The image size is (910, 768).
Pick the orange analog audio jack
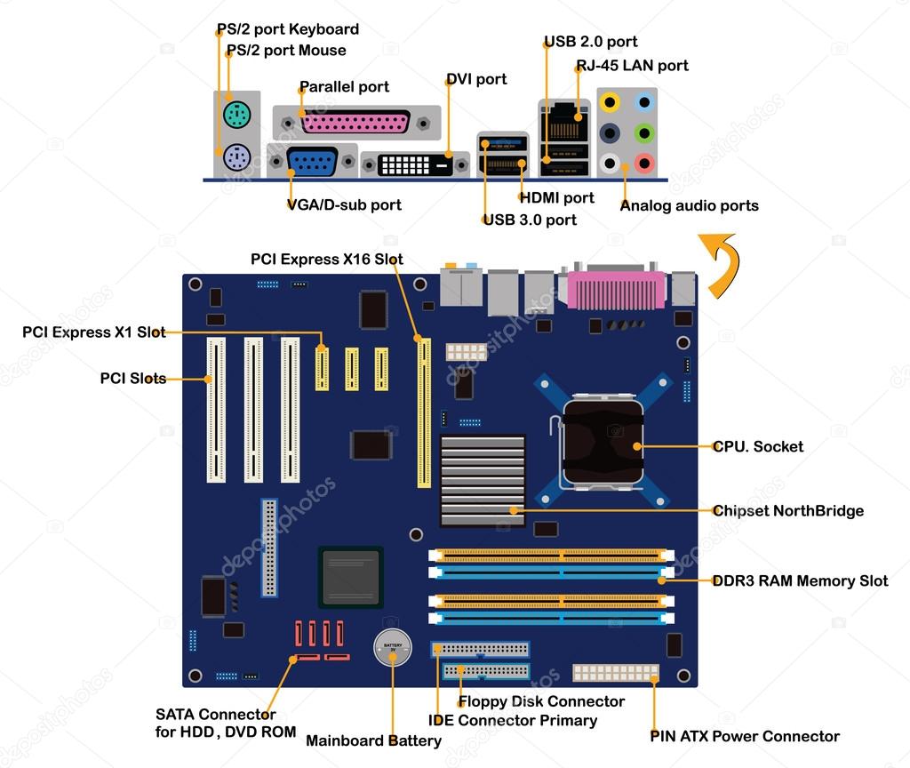[x=610, y=101]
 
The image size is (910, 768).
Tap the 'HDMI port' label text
[x=556, y=198]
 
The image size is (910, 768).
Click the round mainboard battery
[x=392, y=649]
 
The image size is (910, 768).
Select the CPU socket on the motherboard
[x=601, y=441]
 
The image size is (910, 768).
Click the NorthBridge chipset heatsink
[x=483, y=480]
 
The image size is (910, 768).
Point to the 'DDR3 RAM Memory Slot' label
[x=800, y=581]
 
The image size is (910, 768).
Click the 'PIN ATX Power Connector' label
[x=744, y=736]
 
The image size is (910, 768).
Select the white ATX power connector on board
[x=616, y=672]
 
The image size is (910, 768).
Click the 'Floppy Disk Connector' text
[x=541, y=701]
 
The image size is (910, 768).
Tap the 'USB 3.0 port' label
[x=530, y=220]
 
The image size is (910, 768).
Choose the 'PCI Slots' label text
[x=132, y=378]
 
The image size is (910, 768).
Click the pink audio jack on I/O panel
[x=644, y=163]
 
